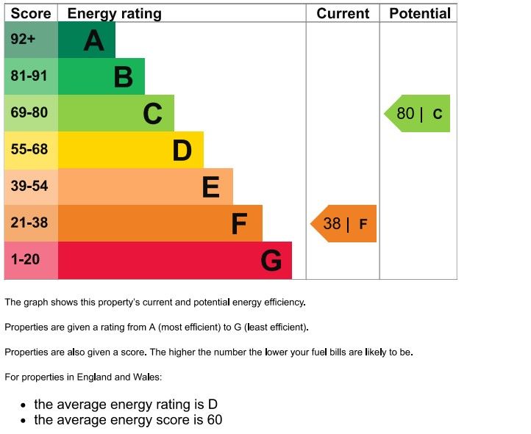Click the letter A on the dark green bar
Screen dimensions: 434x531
tap(93, 40)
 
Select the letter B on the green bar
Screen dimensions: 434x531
tap(123, 77)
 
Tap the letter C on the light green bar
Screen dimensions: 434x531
tap(152, 114)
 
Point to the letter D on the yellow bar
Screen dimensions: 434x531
tap(182, 151)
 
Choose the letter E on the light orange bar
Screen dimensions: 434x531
tap(210, 187)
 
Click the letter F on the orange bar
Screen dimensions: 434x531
tap(239, 224)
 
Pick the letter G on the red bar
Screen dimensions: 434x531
tap(271, 261)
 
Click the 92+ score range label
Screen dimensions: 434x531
tap(23, 40)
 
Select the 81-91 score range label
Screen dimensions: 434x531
tap(29, 76)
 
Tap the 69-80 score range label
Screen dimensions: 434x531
tap(29, 113)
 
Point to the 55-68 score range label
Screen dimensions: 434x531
tap(29, 150)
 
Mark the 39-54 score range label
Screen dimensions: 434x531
tap(29, 187)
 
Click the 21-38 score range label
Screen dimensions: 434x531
tap(29, 223)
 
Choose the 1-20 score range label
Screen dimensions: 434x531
tap(25, 260)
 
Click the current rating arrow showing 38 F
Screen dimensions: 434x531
tap(343, 224)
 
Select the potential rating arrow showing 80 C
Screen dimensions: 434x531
tap(418, 114)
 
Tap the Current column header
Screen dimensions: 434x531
tap(343, 13)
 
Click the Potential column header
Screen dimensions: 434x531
tap(419, 13)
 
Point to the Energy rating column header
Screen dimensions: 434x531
tap(114, 13)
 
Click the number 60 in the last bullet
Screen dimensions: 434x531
tap(214, 420)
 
